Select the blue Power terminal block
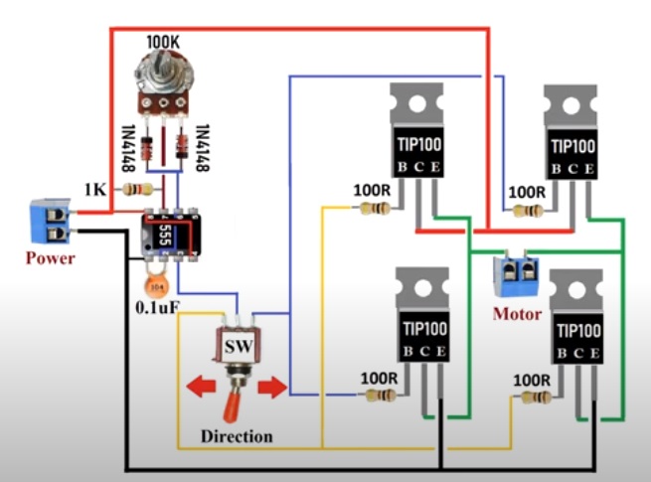(x=50, y=222)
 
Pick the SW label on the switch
(x=236, y=349)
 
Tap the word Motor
(x=517, y=314)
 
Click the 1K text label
(x=94, y=189)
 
